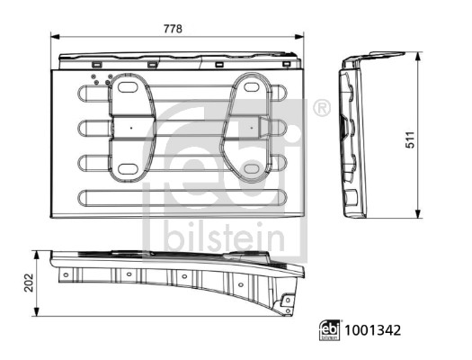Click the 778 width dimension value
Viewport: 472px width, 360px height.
pyautogui.click(x=173, y=29)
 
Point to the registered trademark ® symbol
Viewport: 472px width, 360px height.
pyautogui.click(x=321, y=109)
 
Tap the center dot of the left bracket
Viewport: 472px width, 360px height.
pyautogui.click(x=130, y=128)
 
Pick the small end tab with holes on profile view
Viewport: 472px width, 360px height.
pyautogui.click(x=288, y=303)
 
